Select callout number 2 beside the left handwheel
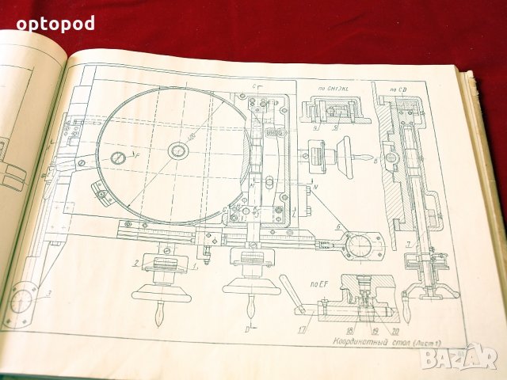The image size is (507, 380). pos(135,261)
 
